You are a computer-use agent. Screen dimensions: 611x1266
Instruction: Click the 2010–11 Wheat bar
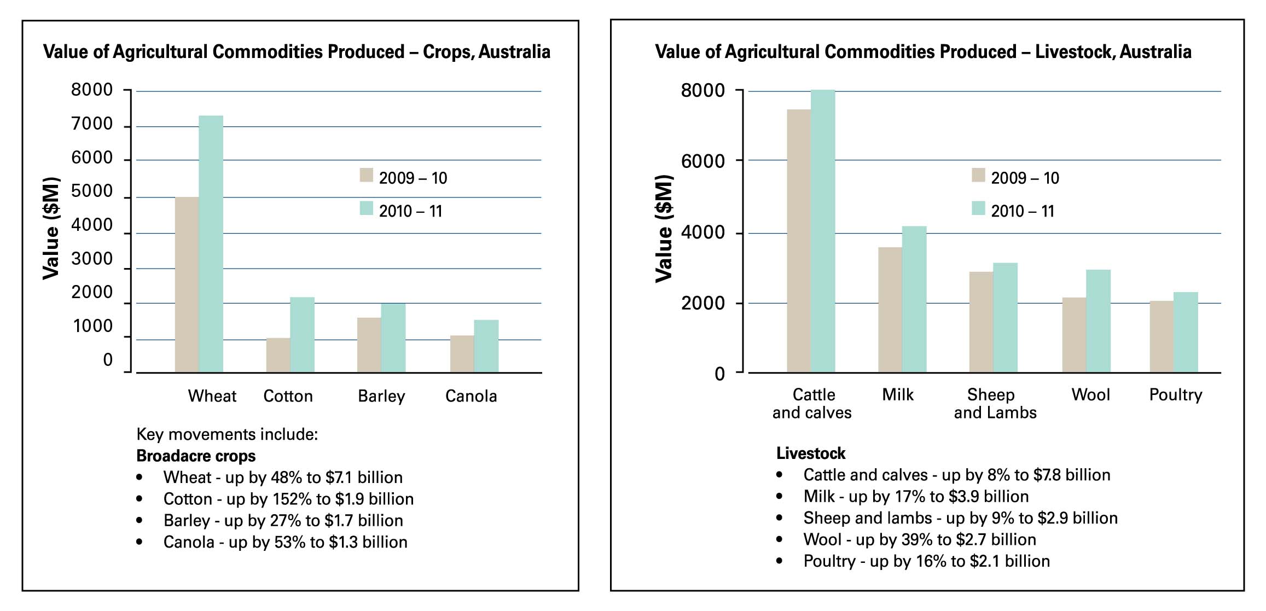211,243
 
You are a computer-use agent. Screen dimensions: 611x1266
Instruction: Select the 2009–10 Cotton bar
278,355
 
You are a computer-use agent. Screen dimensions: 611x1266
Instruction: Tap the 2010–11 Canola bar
486,346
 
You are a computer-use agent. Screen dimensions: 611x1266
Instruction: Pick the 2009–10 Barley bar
369,345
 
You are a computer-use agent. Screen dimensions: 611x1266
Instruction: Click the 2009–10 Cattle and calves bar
798,241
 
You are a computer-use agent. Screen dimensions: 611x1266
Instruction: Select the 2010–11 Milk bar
914,299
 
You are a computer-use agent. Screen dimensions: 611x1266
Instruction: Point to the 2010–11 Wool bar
1097,321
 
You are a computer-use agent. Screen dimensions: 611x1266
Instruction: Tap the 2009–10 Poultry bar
1161,336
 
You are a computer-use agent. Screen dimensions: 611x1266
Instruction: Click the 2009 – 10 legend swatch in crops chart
366,175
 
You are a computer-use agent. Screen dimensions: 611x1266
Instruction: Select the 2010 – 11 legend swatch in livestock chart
978,208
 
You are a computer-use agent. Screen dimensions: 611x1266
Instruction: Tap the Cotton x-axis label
288,396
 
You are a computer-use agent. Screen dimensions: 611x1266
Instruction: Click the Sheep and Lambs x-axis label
995,403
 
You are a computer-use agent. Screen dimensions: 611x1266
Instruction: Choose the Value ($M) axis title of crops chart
51,228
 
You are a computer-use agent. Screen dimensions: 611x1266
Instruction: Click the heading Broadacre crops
195,456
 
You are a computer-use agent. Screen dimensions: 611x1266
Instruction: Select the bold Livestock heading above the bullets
810,453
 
